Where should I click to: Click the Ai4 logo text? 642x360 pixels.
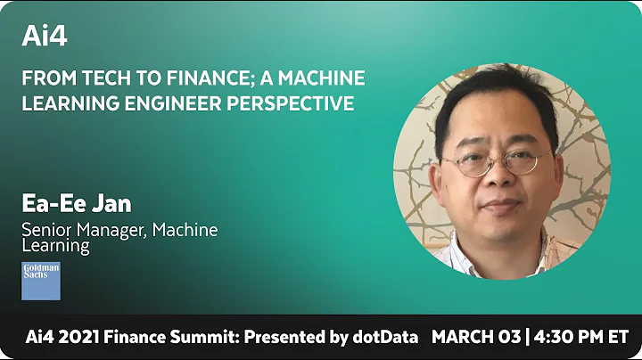coord(45,36)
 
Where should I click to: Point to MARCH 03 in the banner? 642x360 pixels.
coord(473,338)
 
